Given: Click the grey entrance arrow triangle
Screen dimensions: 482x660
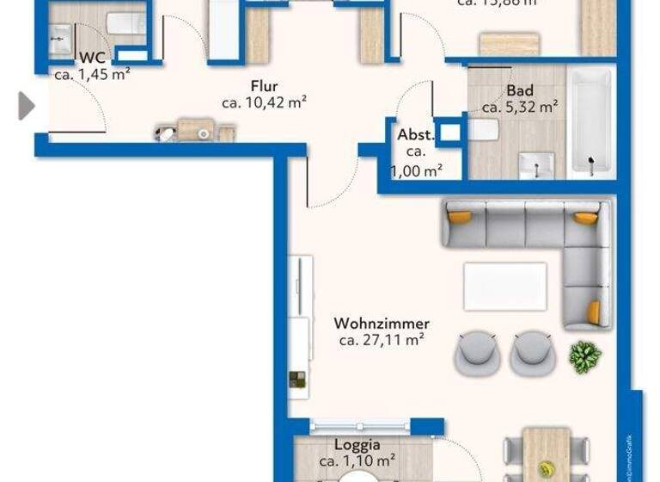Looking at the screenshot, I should (x=27, y=106).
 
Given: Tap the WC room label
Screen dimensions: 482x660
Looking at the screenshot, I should (x=92, y=58).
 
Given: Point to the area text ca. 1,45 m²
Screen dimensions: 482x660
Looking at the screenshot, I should (x=92, y=74).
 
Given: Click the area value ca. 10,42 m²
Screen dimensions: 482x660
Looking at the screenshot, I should (x=264, y=102).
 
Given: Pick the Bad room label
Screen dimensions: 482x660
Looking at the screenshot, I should (x=520, y=90).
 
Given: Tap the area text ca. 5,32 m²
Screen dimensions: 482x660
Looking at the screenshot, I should (x=520, y=108).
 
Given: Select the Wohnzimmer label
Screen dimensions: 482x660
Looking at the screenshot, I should (x=382, y=324).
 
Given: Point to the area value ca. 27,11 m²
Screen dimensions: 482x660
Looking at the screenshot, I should (x=382, y=340).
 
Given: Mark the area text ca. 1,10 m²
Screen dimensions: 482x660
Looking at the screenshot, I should (x=357, y=462).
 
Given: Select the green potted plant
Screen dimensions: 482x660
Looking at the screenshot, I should (x=585, y=355).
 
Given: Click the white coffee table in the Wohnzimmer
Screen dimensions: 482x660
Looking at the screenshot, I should (x=504, y=286).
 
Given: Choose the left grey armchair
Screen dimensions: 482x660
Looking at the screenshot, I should (x=477, y=351).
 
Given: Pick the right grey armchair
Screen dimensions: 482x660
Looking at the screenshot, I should (x=530, y=351).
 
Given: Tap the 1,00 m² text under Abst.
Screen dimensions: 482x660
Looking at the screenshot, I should (x=417, y=170).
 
